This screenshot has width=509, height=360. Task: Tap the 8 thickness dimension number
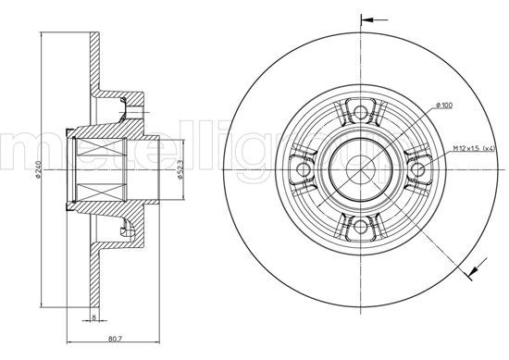click(x=93, y=317)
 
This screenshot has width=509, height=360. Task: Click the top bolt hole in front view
click(x=356, y=114)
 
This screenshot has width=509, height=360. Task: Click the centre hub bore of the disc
click(x=356, y=168)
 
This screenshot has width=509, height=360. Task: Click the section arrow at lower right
click(x=476, y=268)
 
